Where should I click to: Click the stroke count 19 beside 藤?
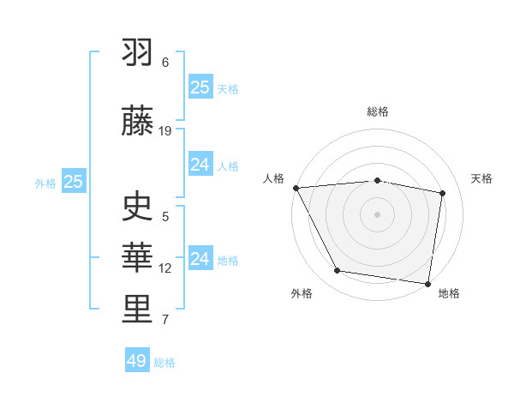tap(165, 131)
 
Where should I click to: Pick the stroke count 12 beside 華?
tap(165, 268)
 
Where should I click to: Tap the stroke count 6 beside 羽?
tap(165, 63)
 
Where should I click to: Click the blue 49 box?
tap(137, 361)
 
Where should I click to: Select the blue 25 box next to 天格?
tap(200, 87)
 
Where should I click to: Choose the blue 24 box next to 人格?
tap(200, 164)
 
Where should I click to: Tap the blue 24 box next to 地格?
tap(200, 258)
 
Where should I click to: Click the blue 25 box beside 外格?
tap(74, 181)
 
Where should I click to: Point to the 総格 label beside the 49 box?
tap(164, 363)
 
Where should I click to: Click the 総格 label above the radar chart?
tap(377, 111)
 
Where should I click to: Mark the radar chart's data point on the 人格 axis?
tap(296, 188)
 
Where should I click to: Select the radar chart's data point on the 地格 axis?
tap(427, 283)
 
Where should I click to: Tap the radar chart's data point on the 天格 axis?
tap(443, 193)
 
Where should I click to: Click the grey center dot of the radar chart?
tap(377, 214)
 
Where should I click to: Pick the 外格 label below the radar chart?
tap(302, 294)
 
